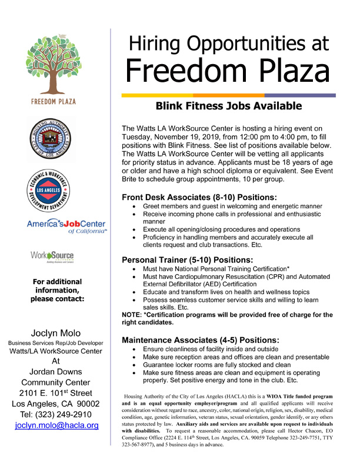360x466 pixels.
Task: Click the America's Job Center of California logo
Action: coord(66,227)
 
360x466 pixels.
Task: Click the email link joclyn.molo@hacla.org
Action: coord(56,424)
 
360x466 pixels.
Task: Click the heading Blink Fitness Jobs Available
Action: coord(228,106)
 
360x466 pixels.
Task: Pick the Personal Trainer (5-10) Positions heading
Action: coord(195,259)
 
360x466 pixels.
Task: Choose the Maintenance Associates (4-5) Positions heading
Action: coord(200,340)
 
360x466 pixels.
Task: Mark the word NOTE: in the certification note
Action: coord(133,315)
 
